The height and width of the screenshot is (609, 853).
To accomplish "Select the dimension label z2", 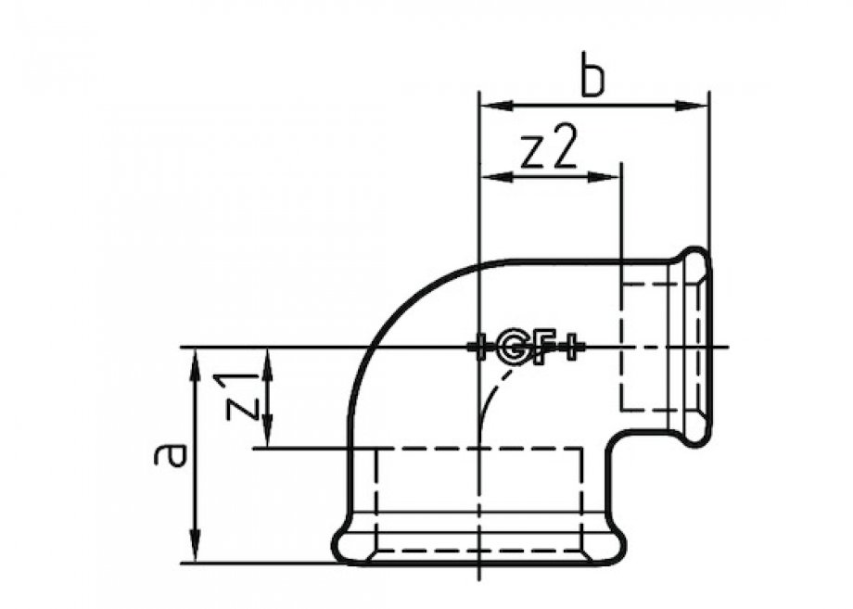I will click(x=549, y=149).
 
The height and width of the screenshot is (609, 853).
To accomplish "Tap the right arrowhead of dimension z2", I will click(x=609, y=176).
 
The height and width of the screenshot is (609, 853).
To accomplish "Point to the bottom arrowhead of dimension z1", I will click(x=268, y=437).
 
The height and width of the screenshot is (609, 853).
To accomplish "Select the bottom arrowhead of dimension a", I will click(x=196, y=551).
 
